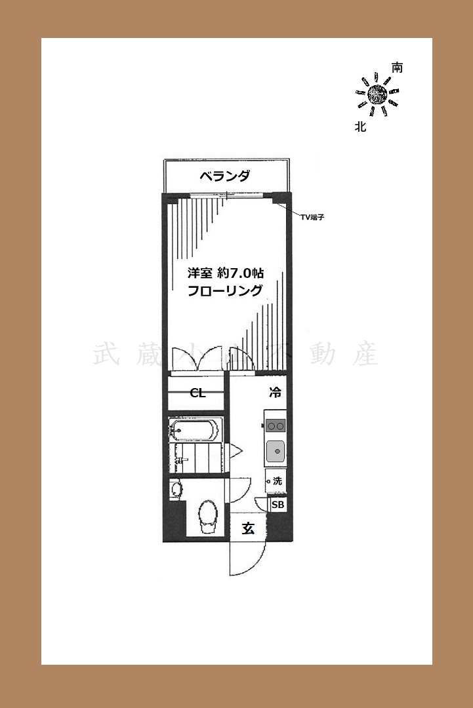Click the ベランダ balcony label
pos(224,176)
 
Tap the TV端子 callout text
pos(314,217)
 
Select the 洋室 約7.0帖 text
pos(227,271)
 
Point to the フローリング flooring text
pos(225,291)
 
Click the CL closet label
pos(197,393)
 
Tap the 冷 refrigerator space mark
pos(276,393)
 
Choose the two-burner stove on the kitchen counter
pos(276,426)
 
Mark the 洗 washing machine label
pos(277,481)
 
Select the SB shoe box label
pos(278,505)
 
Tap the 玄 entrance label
pos(248,528)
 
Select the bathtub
pos(194,430)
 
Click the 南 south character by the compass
pos(397,68)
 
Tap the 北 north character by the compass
pos(360,127)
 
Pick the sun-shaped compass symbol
pos(377,96)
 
